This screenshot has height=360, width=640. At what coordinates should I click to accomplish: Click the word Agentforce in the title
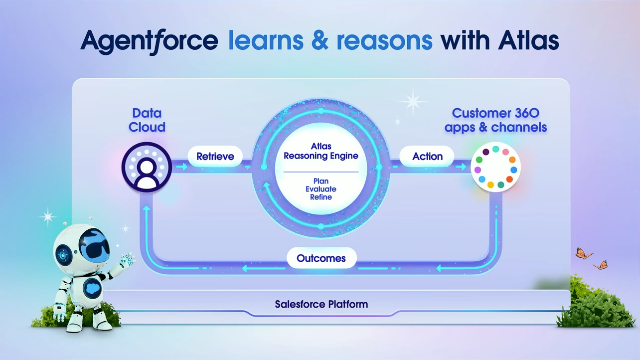(149, 41)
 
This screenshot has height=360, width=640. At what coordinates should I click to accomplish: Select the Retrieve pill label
(215, 157)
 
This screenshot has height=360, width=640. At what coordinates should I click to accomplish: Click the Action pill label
(427, 157)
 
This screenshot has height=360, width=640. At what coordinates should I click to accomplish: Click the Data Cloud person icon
(147, 167)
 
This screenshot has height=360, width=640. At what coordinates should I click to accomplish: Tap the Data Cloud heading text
(147, 120)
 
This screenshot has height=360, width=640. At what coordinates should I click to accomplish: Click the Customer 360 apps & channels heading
(495, 120)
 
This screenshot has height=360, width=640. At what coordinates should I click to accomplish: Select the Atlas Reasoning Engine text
(320, 151)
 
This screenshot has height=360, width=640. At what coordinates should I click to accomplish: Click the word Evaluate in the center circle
(320, 189)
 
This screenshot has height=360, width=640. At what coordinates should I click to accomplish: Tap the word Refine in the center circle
(320, 197)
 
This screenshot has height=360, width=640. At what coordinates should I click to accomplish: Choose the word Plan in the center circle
(320, 181)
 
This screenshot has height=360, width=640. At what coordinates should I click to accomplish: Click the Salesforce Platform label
(321, 304)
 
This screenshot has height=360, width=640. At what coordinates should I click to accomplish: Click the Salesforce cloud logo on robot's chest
(90, 288)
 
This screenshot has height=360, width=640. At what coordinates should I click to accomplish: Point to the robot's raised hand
(129, 259)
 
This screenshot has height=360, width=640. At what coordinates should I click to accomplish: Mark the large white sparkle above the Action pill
(412, 101)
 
